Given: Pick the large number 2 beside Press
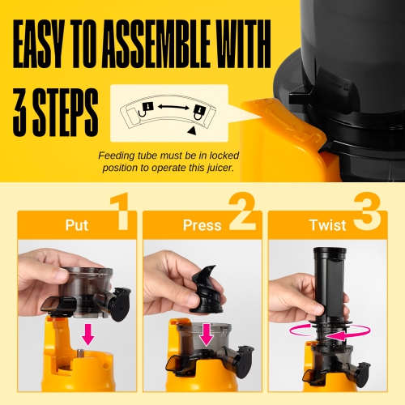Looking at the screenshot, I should click(240, 209).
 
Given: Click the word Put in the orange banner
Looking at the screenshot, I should click(77, 224).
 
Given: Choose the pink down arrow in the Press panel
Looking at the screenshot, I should click(207, 334).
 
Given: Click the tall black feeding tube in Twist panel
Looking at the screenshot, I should click(330, 279).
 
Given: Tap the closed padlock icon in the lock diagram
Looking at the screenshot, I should click(199, 111).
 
